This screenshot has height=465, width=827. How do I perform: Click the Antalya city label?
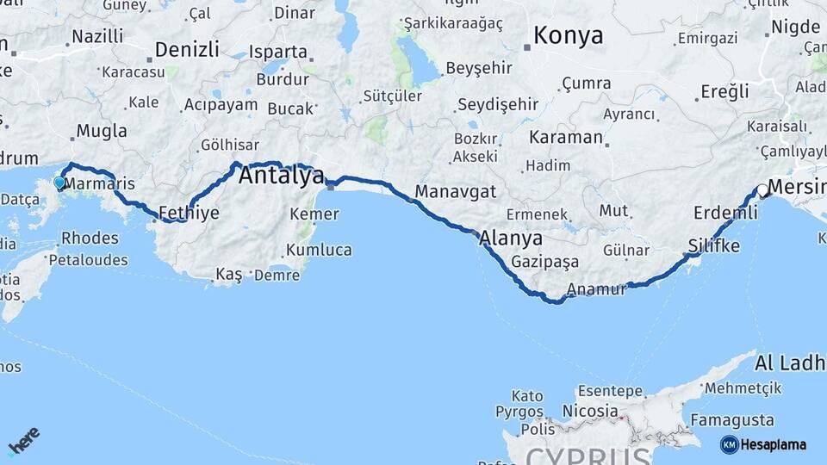pyautogui.click(x=281, y=176)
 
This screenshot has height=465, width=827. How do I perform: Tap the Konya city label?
pyautogui.click(x=568, y=35)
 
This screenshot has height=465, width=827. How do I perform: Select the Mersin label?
pyautogui.click(x=796, y=186)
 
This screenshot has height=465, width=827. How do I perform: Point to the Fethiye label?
pyautogui.click(x=190, y=213)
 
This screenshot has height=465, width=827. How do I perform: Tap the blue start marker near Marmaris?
pyautogui.click(x=59, y=183)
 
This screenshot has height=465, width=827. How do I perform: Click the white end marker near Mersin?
pyautogui.click(x=762, y=191)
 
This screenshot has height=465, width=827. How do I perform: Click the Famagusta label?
pyautogui.click(x=737, y=420)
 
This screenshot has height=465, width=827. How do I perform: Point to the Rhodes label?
pyautogui.click(x=90, y=238)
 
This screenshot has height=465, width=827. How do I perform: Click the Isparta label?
pyautogui.click(x=277, y=52)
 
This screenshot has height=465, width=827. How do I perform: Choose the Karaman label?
pyautogui.click(x=566, y=137)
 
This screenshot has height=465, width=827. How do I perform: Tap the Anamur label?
pyautogui.click(x=598, y=290)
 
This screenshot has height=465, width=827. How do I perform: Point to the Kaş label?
pyautogui.click(x=229, y=274)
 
